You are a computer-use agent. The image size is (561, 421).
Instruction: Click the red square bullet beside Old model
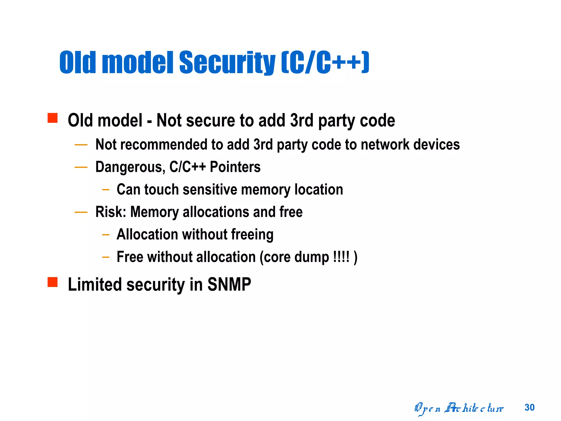52,118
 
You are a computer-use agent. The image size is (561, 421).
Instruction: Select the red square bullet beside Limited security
52,282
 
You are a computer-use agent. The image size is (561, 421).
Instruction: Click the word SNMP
229,285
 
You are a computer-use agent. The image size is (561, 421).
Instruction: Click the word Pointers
235,167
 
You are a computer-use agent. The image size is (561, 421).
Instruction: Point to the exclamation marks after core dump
341,257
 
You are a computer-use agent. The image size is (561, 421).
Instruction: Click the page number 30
529,408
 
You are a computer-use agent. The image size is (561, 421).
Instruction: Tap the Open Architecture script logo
459,409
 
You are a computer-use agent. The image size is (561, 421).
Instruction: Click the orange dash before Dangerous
81,167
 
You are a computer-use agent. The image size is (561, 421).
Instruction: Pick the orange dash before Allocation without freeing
105,235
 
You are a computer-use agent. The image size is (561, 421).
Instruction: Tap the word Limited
95,285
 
